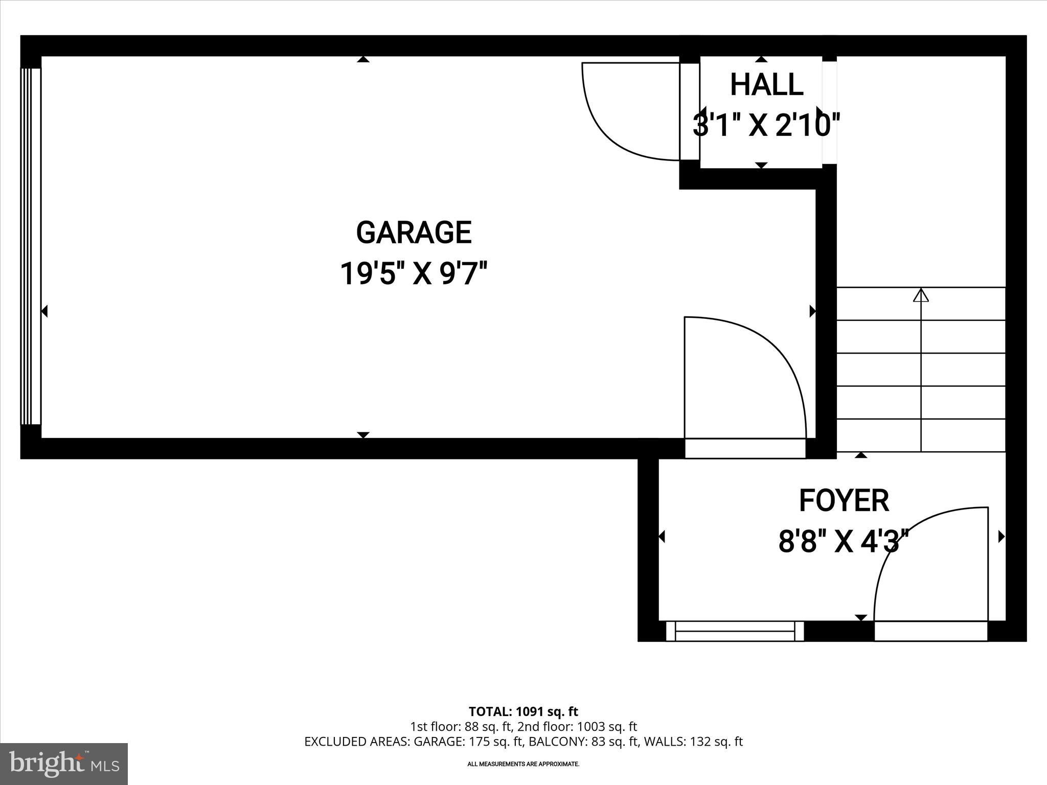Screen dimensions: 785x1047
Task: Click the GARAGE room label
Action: [x=414, y=233]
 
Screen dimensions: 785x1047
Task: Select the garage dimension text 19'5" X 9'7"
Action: [x=414, y=274]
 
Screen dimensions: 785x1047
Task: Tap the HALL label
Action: [x=766, y=85]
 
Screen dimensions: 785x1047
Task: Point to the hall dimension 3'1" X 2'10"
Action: [x=766, y=126]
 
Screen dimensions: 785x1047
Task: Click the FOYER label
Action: [x=844, y=501]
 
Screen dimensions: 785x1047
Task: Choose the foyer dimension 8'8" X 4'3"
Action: [x=844, y=542]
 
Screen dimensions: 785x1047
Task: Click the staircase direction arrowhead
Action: [x=921, y=295]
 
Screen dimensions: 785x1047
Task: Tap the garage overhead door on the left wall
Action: [x=31, y=246]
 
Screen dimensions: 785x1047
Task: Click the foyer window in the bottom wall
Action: [x=735, y=631]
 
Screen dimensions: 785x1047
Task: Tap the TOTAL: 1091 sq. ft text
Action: [x=523, y=711]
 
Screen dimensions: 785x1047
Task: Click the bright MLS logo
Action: [x=64, y=764]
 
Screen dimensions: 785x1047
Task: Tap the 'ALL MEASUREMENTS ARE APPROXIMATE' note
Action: [x=523, y=764]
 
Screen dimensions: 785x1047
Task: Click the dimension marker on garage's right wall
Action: [x=812, y=311]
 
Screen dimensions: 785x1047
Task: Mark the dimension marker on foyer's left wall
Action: [x=662, y=537]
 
